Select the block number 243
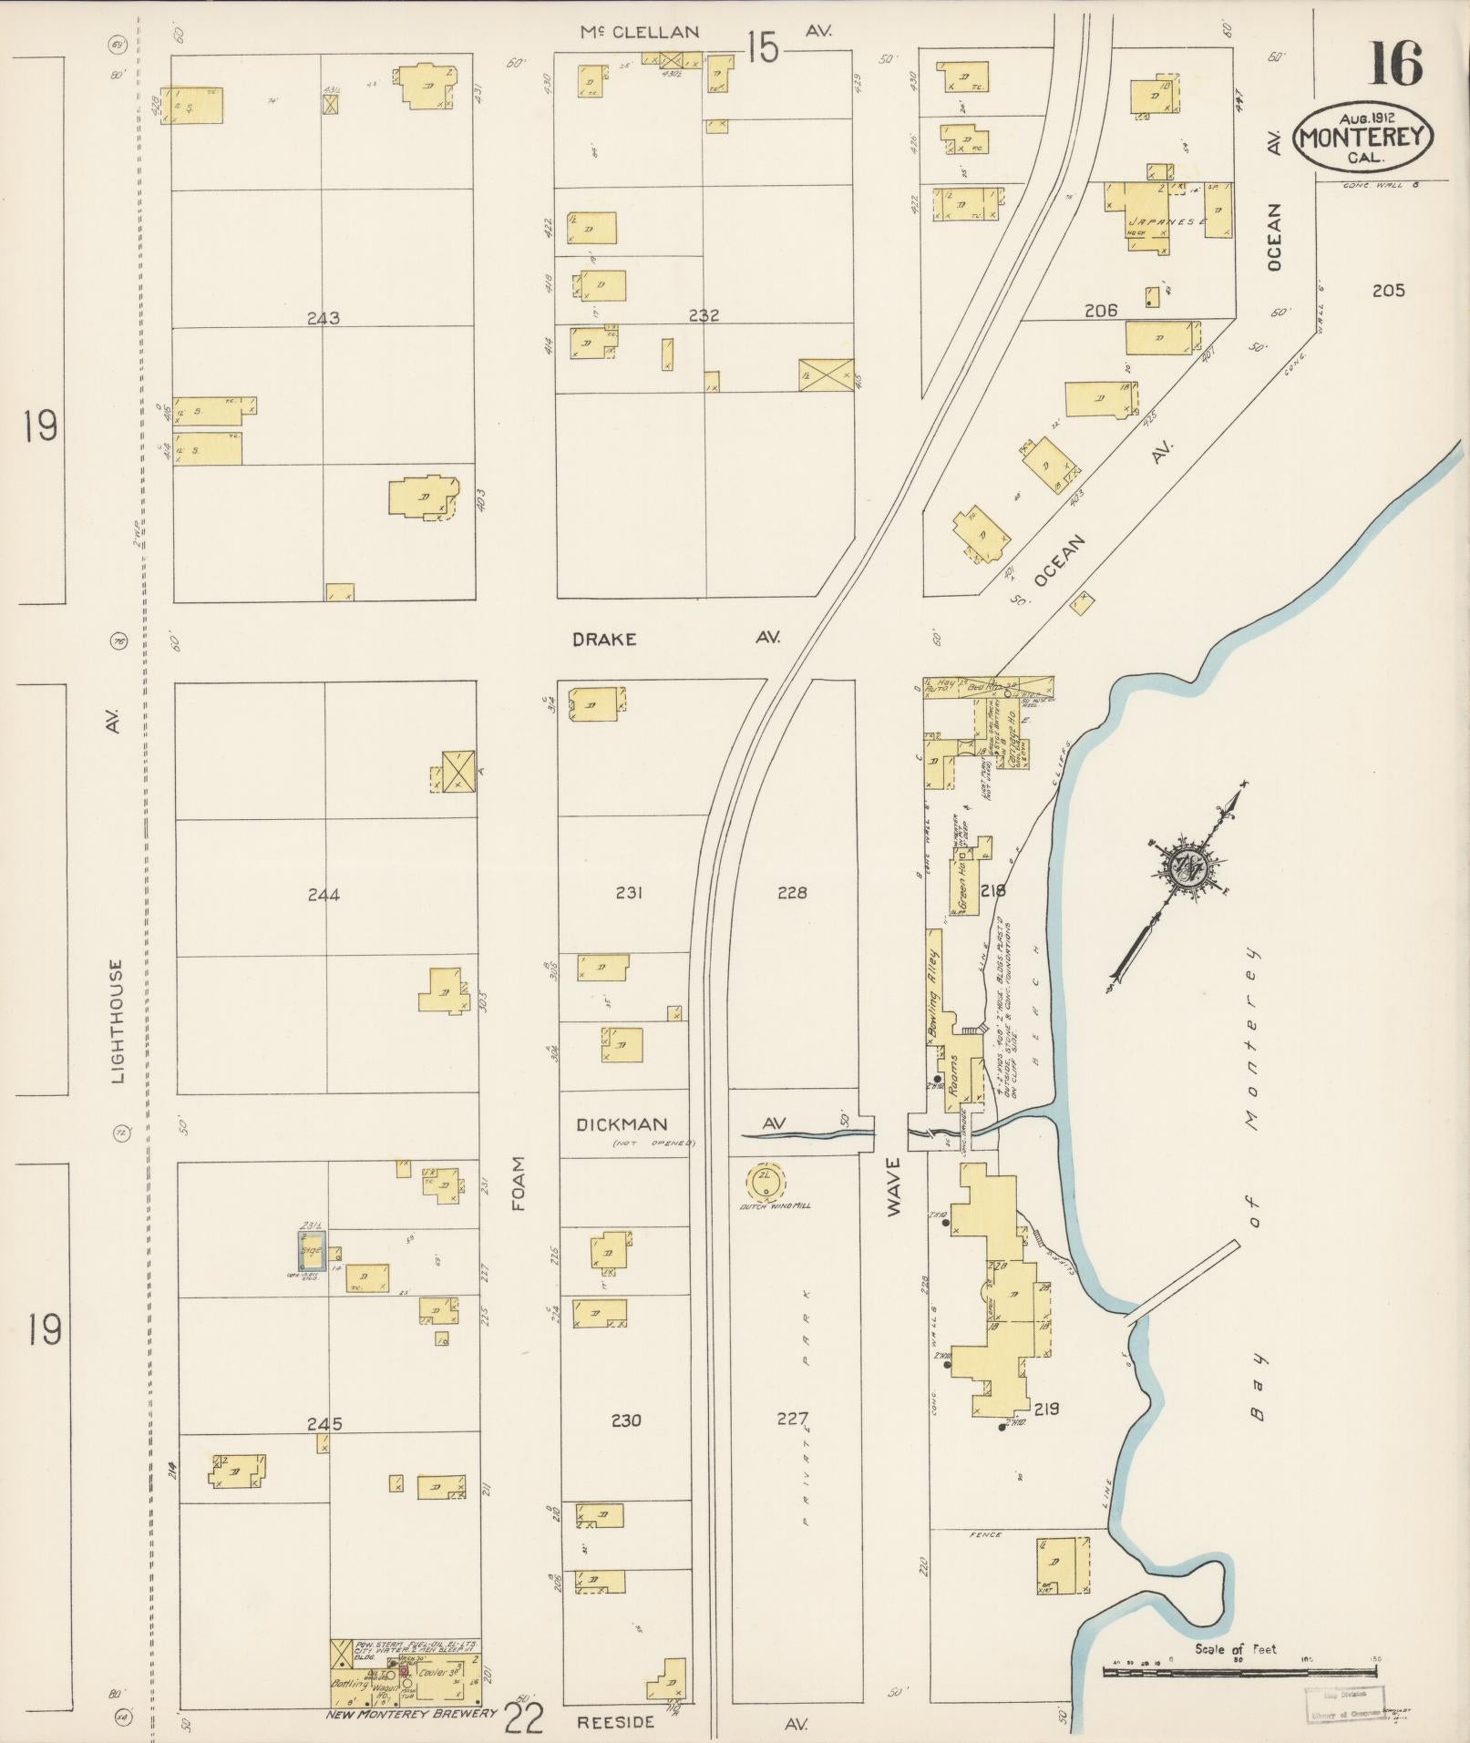coord(324,318)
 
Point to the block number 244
coord(324,895)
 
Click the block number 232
coord(704,316)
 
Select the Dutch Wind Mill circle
coord(766,1183)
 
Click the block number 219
coord(1046,1409)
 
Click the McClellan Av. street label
coord(641,32)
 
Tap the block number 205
coord(1388,291)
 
